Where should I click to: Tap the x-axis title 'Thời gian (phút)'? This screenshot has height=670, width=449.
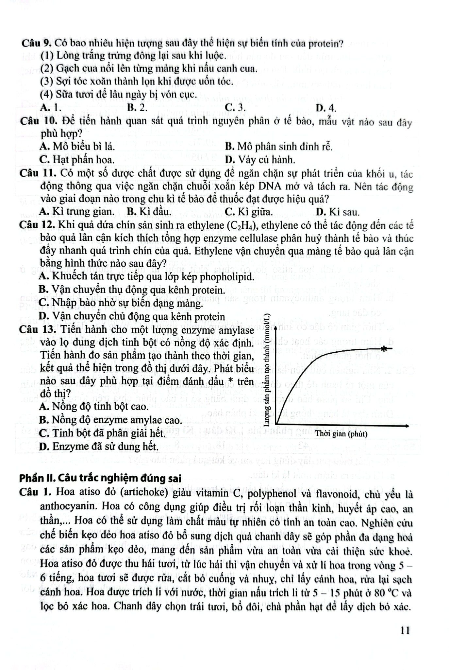(341, 434)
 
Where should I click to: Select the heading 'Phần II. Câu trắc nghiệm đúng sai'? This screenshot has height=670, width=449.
(100, 478)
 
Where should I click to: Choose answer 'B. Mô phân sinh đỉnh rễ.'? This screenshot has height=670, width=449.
(279, 147)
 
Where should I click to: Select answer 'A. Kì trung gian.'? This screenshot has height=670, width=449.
(77, 212)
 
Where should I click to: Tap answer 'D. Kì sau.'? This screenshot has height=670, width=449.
(338, 212)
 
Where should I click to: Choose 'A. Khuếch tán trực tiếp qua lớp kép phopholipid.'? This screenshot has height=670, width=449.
(146, 277)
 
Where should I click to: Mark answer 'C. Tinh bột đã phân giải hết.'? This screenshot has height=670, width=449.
(102, 433)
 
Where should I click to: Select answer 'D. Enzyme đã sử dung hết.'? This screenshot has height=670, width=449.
(98, 446)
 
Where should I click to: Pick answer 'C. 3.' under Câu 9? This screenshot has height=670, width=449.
(235, 108)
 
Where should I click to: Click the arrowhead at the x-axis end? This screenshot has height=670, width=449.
(406, 426)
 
